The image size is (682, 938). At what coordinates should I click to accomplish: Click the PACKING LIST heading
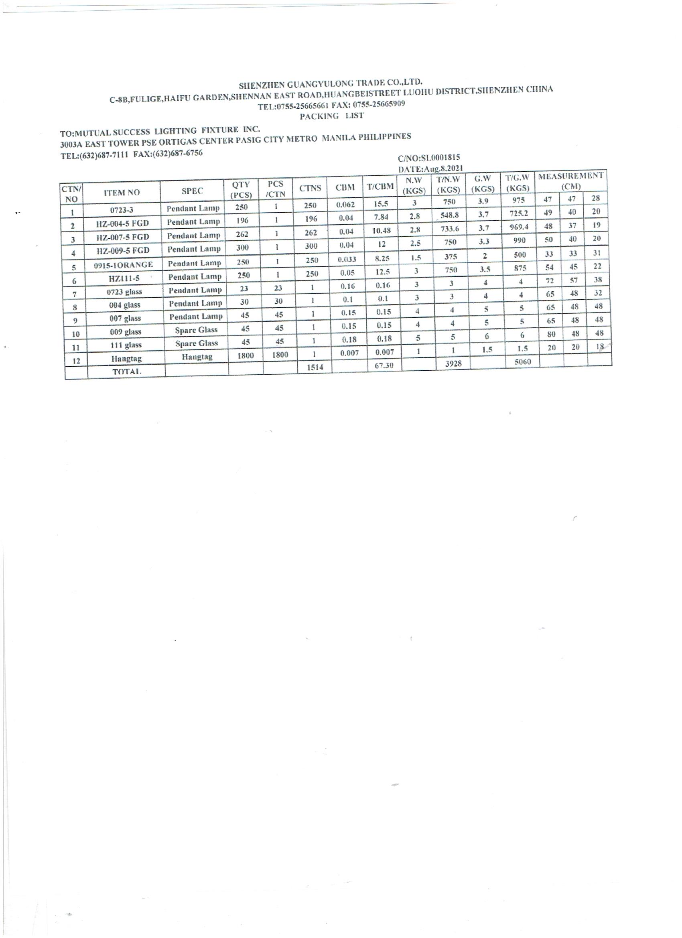click(331, 116)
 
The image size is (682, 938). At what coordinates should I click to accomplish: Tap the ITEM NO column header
click(122, 192)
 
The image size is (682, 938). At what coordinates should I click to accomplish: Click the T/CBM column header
click(380, 187)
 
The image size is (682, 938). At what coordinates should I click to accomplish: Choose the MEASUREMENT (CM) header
click(571, 181)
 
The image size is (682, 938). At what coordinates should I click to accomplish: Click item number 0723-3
click(122, 210)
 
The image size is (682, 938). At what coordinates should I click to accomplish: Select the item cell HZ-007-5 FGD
click(122, 237)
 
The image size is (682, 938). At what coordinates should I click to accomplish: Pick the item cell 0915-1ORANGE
click(123, 265)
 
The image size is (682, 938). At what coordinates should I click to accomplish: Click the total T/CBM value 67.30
click(384, 365)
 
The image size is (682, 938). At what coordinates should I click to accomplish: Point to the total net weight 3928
click(453, 363)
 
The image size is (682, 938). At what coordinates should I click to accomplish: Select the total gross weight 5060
click(522, 362)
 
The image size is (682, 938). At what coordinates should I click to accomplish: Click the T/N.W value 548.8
click(450, 215)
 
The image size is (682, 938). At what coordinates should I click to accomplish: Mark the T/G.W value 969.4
click(519, 227)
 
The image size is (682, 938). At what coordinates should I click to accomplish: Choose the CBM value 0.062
click(345, 205)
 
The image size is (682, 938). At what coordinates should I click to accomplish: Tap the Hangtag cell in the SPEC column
click(197, 357)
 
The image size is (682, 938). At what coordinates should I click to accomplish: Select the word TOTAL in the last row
click(127, 372)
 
